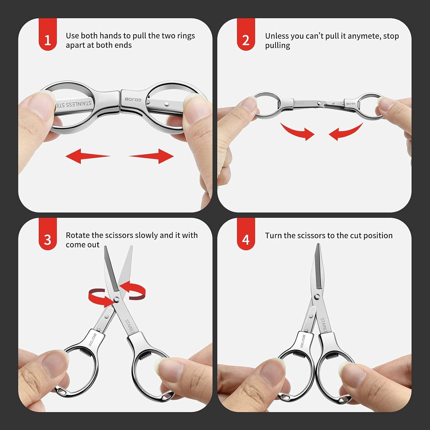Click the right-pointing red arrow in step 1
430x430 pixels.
pyautogui.click(x=152, y=156)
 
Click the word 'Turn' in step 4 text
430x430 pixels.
pyautogui.click(x=273, y=236)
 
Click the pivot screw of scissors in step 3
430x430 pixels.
pyautogui.click(x=116, y=299)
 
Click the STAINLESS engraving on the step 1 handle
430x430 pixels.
pyautogui.click(x=74, y=104)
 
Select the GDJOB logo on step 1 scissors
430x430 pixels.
pyautogui.click(x=133, y=99)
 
